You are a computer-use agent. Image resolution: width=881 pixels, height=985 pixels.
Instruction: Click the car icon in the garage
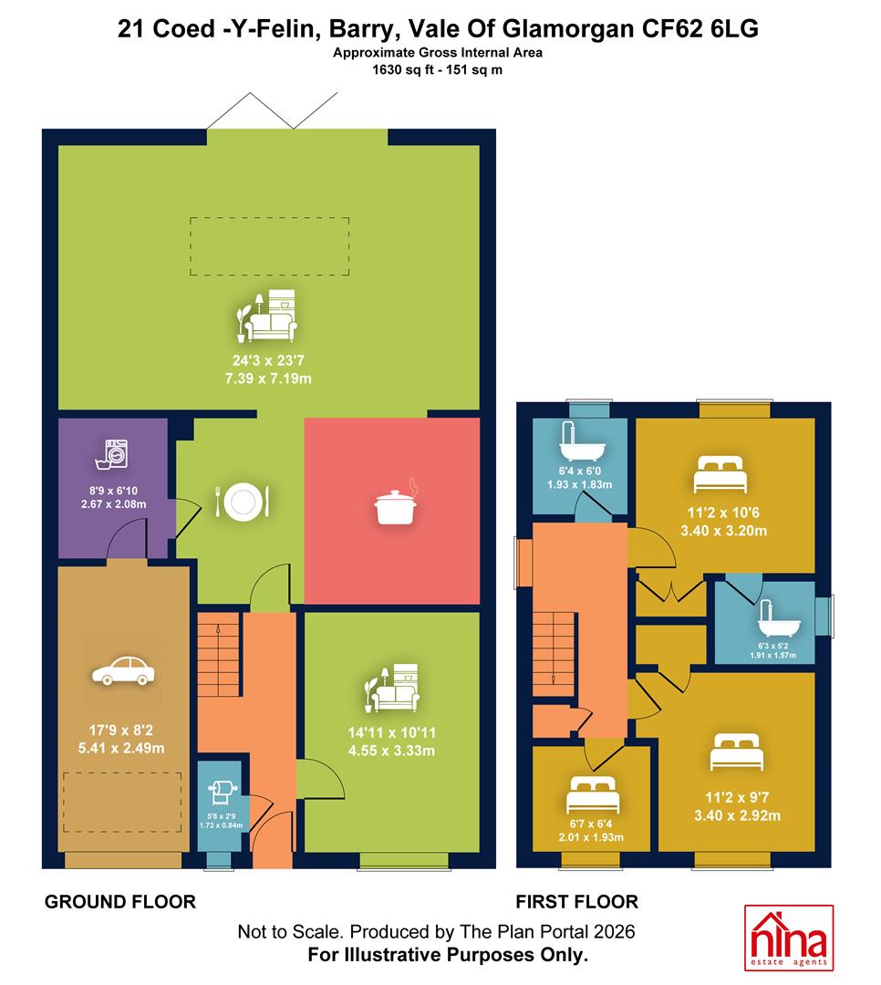tap(123, 670)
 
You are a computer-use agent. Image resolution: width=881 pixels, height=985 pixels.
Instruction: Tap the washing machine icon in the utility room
tap(113, 454)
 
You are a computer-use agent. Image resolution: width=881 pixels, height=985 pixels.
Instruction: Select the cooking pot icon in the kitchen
tap(396, 503)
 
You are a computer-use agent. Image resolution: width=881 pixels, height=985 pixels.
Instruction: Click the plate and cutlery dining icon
tap(243, 502)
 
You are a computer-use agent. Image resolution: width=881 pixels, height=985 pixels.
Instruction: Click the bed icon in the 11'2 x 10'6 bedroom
tap(720, 475)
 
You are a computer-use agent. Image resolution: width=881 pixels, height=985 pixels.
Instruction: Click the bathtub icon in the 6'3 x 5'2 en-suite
tap(779, 618)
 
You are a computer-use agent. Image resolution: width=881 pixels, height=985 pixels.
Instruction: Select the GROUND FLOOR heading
tap(120, 902)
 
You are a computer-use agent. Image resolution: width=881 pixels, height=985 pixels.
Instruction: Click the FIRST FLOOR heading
tap(577, 902)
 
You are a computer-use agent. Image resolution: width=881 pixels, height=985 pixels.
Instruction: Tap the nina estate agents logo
tap(789, 938)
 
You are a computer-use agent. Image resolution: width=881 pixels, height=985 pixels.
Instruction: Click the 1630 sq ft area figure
tap(399, 69)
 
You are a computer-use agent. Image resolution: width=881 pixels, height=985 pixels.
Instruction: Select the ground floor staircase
tap(219, 654)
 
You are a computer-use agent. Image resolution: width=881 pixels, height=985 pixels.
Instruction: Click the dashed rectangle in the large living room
tap(270, 246)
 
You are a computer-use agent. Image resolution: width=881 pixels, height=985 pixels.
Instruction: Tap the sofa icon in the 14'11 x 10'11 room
tap(393, 688)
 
